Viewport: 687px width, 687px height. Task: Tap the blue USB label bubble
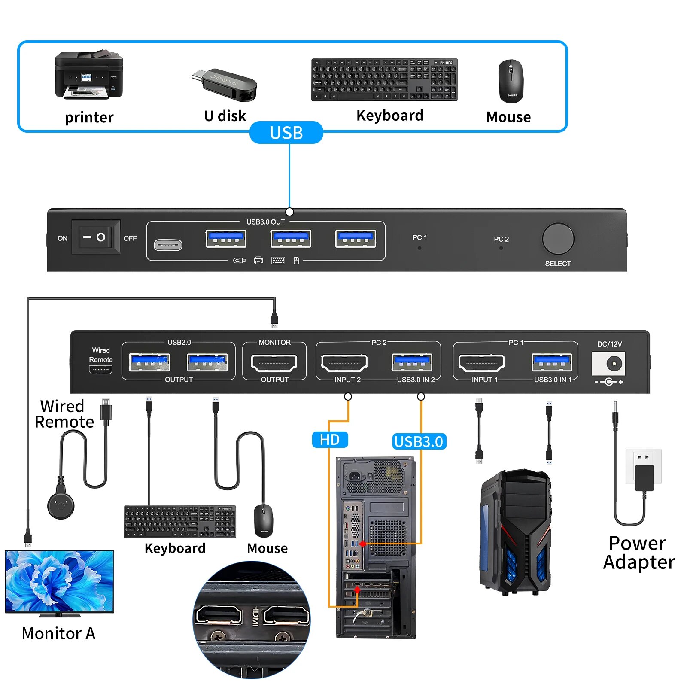pyautogui.click(x=286, y=133)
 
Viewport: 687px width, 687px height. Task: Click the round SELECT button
pyautogui.click(x=558, y=239)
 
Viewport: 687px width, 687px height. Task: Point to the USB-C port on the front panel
pyautogui.click(x=168, y=245)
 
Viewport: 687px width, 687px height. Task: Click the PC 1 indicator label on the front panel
pyautogui.click(x=419, y=237)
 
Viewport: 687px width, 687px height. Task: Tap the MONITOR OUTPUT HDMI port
pyautogui.click(x=274, y=363)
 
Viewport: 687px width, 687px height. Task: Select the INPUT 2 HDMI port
pyautogui.click(x=344, y=363)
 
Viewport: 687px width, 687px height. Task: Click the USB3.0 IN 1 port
pyautogui.click(x=552, y=362)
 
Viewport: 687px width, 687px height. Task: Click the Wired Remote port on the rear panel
pyautogui.click(x=100, y=369)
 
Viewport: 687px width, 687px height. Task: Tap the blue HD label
pyautogui.click(x=330, y=440)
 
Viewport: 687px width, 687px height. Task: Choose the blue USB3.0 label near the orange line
pyautogui.click(x=419, y=441)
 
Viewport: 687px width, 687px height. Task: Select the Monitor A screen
pyautogui.click(x=59, y=581)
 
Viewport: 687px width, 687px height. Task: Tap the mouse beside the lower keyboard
pyautogui.click(x=263, y=520)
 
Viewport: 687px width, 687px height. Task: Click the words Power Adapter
pyautogui.click(x=638, y=553)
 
